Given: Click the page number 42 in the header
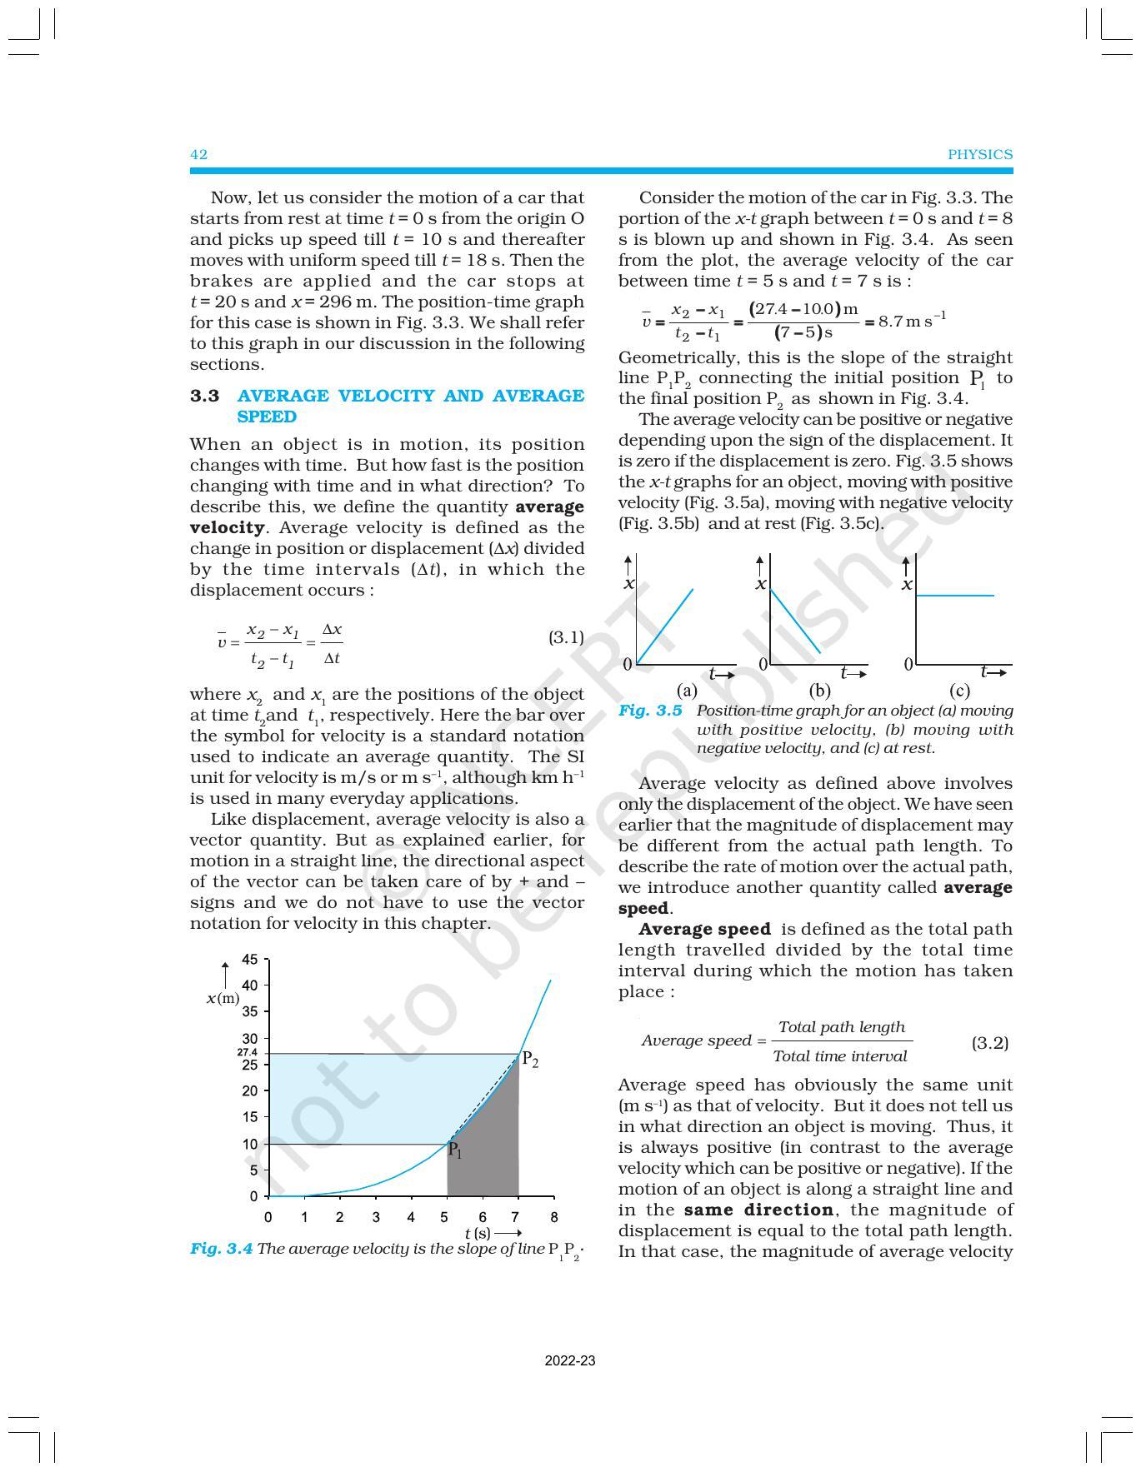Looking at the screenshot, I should (x=198, y=154).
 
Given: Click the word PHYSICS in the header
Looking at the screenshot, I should (x=979, y=154).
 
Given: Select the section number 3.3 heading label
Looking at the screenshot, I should (x=205, y=396).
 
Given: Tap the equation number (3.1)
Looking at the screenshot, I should (x=566, y=637).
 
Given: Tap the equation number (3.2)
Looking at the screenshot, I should (x=990, y=1043).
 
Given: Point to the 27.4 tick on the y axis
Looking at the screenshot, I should (x=247, y=1053).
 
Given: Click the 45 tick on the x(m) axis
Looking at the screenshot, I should (x=249, y=960).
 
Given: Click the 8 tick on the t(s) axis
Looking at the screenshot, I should (x=553, y=1217).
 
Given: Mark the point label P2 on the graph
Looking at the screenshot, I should (x=530, y=1061).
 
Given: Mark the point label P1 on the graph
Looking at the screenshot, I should (x=455, y=1151).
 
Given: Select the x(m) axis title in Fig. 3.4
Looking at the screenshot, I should (x=223, y=998).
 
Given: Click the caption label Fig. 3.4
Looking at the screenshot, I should (x=221, y=1249).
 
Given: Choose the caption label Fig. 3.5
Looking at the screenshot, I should (x=650, y=711).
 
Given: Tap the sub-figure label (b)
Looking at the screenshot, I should (x=819, y=691).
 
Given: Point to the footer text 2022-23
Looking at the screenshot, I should (x=570, y=1361).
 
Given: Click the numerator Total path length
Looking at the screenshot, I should (x=841, y=1027).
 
